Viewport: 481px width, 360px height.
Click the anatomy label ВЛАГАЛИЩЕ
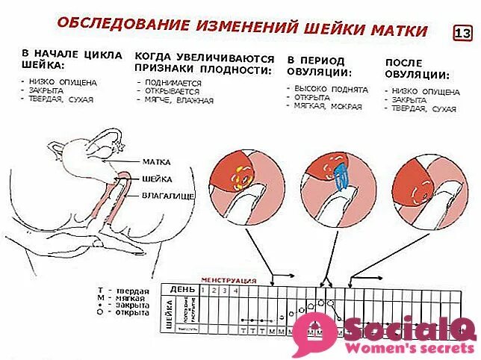[168, 196]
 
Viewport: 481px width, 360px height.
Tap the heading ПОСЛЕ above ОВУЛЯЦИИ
[404, 63]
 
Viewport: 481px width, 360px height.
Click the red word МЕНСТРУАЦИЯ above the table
[229, 281]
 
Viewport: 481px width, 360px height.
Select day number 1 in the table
[204, 290]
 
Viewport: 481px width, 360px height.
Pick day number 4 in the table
[236, 290]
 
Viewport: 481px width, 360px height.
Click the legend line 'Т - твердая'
[124, 290]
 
